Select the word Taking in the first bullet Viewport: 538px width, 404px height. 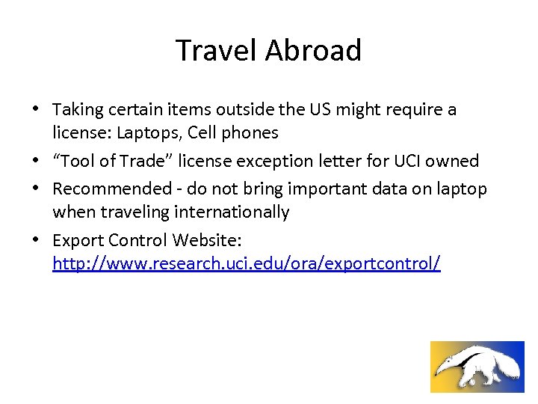tap(78, 110)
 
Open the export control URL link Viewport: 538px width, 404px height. tap(246, 263)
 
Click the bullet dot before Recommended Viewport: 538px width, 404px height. tap(37, 189)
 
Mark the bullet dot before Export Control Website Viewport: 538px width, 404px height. tap(37, 240)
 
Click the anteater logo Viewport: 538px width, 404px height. tap(477, 367)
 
